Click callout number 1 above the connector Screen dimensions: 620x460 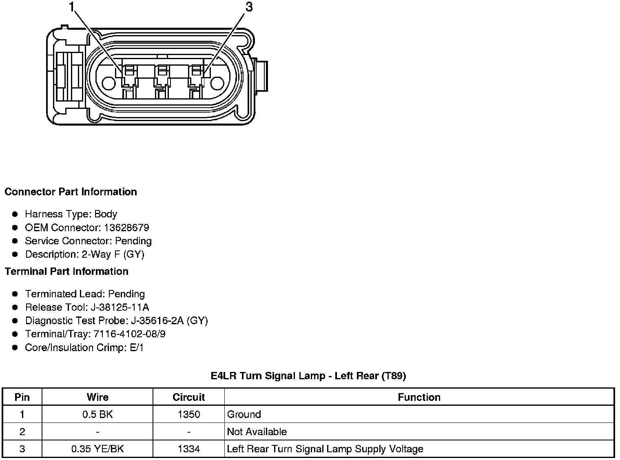pyautogui.click(x=72, y=7)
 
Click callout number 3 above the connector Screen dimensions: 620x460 pyautogui.click(x=249, y=7)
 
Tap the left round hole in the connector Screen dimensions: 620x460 pyautogui.click(x=108, y=83)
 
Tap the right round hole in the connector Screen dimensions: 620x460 pyautogui.click(x=217, y=83)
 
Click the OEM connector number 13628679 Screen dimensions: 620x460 pyautogui.click(x=126, y=228)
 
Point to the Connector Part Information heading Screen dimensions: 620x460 pyautogui.click(x=71, y=192)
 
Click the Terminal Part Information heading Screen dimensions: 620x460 pyautogui.click(x=66, y=271)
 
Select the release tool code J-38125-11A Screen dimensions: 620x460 pyautogui.click(x=120, y=307)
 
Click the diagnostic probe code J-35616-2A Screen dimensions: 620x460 pyautogui.click(x=157, y=321)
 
